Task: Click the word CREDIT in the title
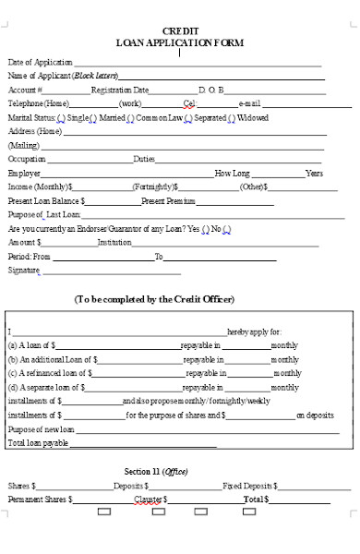click(180, 30)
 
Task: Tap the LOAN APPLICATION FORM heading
click(180, 42)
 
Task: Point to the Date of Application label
click(40, 62)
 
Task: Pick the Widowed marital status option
click(252, 117)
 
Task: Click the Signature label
click(23, 270)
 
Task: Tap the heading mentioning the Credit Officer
click(154, 299)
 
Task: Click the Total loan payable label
click(38, 443)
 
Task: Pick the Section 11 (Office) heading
click(156, 471)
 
